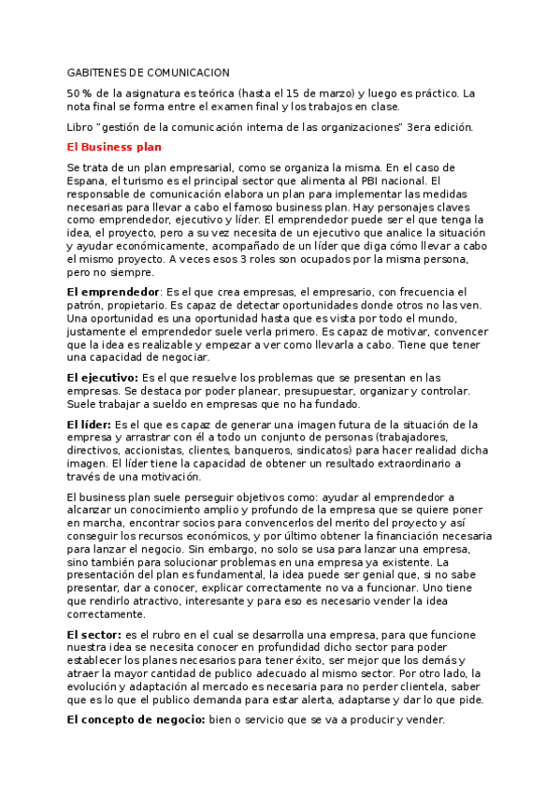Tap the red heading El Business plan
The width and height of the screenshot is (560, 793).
tap(114, 147)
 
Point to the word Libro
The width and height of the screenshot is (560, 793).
tap(82, 127)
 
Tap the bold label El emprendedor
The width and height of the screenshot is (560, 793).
tap(114, 292)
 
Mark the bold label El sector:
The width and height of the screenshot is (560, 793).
tap(92, 635)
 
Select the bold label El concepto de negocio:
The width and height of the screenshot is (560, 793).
tap(136, 719)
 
